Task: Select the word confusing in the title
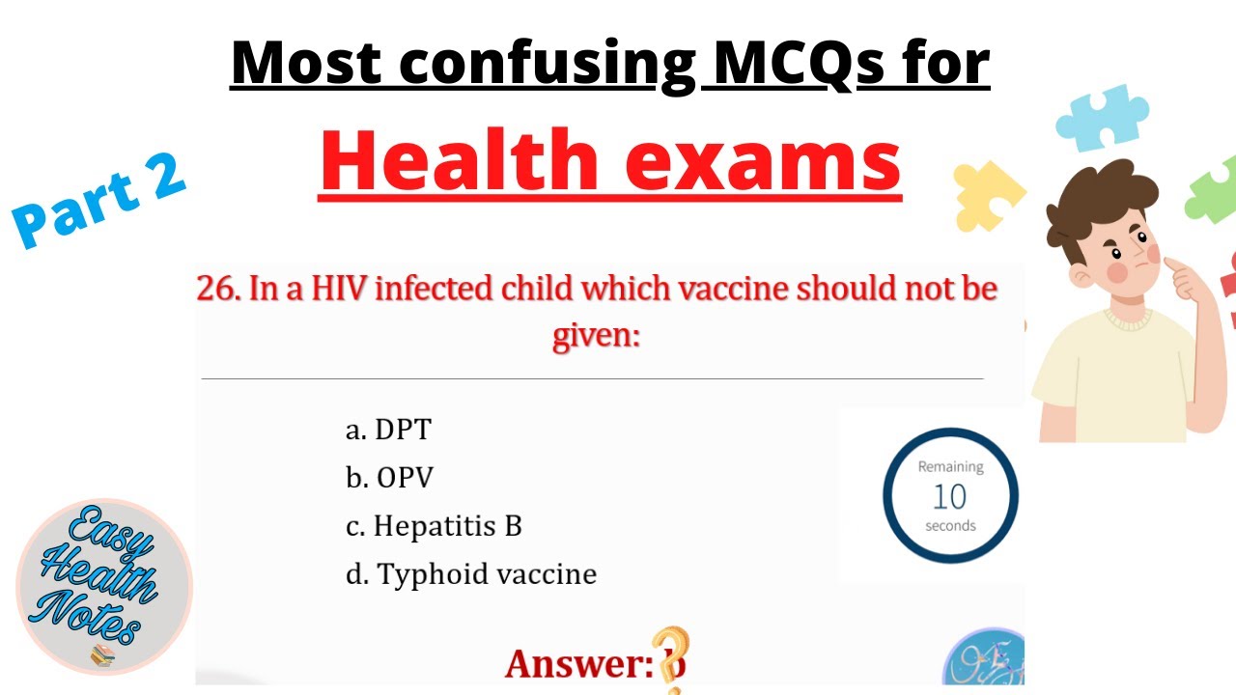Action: [547, 64]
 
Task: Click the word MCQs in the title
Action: [778, 64]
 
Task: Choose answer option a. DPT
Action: [388, 430]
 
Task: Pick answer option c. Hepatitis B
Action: [434, 526]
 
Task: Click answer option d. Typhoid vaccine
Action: [471, 574]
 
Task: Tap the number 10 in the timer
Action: [950, 496]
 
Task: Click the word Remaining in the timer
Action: [950, 467]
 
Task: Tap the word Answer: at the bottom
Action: [579, 664]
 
